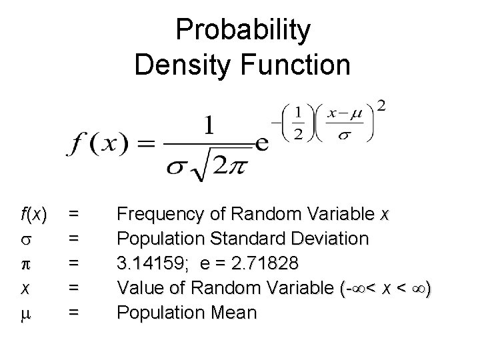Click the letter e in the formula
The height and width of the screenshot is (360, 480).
(x=262, y=143)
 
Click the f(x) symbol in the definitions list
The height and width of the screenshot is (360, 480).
(x=33, y=215)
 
